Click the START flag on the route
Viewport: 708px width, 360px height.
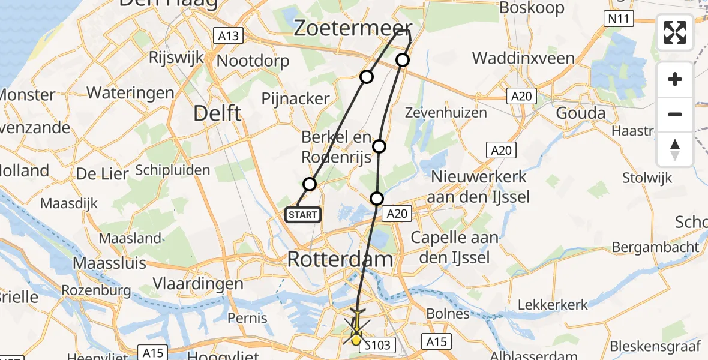[x=303, y=214]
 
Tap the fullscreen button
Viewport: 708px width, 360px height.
[x=675, y=32]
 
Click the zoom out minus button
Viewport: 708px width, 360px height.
[x=675, y=114]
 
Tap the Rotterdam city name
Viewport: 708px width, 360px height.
[x=340, y=260]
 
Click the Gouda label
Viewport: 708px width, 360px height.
[x=577, y=113]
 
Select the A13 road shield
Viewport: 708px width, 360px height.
[x=229, y=36]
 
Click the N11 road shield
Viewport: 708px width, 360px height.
[x=618, y=19]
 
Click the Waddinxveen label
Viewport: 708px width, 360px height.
[x=524, y=58]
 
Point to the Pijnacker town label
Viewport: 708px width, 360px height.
[x=296, y=98]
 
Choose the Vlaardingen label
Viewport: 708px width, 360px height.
[x=198, y=284]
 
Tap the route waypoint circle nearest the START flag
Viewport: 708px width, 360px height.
[x=310, y=184]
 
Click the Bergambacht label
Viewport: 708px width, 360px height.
[x=656, y=247]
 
